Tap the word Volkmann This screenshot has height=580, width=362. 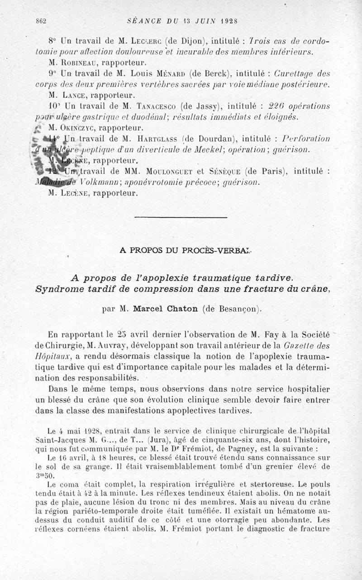101,182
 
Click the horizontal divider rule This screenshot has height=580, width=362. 181,218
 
